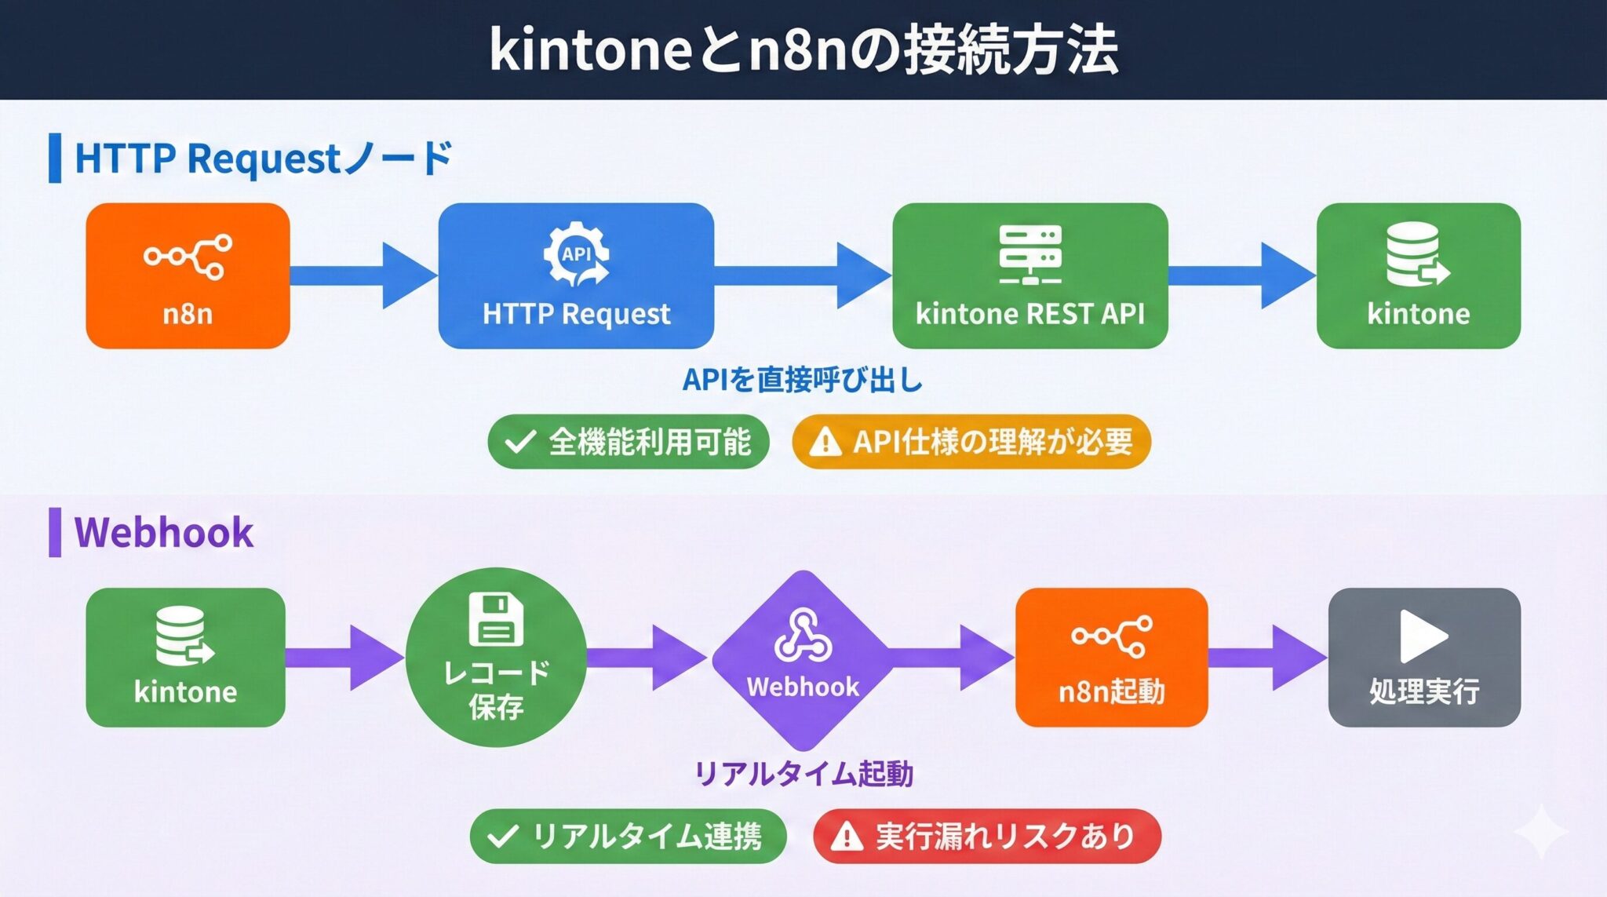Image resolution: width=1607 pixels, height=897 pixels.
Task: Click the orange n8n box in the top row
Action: pos(188,275)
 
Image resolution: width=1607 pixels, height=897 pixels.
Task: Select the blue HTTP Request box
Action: pos(576,275)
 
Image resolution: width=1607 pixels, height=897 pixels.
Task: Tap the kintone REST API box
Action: pos(1030,275)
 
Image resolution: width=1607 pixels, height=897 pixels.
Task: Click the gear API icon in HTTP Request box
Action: pos(577,254)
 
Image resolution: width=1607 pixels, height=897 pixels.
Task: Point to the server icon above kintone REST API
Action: pos(1030,253)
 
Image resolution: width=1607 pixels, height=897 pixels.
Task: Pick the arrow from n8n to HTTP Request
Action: pos(364,275)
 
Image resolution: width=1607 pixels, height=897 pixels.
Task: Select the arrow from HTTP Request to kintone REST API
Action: pos(803,275)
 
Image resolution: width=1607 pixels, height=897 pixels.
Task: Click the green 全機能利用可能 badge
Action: pos(628,442)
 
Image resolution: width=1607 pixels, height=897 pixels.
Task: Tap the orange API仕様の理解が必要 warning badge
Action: pos(971,442)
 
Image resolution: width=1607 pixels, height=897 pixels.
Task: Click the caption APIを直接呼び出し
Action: pos(803,380)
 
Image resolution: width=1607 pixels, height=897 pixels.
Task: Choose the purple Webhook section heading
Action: pos(164,532)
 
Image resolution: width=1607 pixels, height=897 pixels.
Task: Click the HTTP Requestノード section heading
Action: pos(264,158)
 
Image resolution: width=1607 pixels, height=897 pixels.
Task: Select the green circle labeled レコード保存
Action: pos(496,657)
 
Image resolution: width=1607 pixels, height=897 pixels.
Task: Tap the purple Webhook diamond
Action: pos(803,659)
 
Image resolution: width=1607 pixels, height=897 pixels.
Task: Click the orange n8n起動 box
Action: pos(1111,657)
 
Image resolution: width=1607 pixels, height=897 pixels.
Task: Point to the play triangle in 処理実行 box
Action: pos(1421,636)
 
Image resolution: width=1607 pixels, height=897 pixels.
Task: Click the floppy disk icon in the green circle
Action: pos(496,619)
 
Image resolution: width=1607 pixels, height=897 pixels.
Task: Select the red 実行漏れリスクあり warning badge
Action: pos(987,836)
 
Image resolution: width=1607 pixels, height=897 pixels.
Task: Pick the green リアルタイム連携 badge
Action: pos(628,836)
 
